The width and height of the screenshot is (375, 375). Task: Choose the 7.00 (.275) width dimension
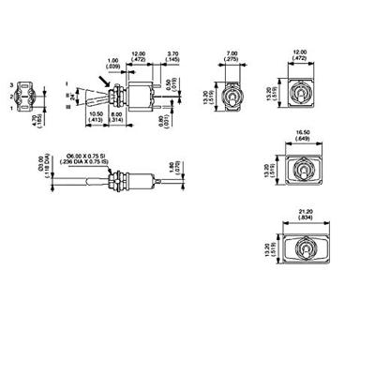pos(232,55)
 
